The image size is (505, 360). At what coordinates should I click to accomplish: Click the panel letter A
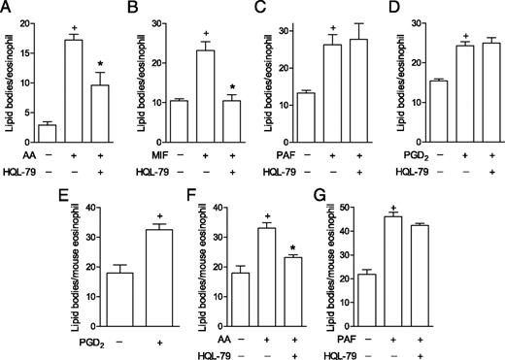[8, 8]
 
